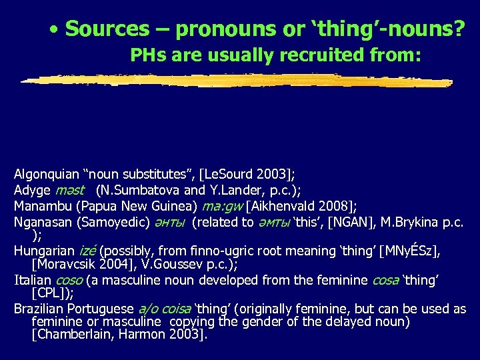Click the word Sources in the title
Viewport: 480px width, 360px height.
107,29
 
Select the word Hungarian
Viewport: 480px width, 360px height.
43,251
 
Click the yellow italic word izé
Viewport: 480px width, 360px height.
88,251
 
